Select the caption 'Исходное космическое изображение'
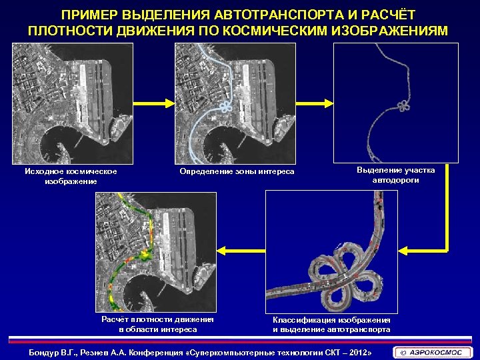pos(71,176)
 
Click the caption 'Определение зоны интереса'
pos(236,172)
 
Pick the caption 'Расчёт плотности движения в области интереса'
pos(157,324)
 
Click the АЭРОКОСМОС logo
pos(433,352)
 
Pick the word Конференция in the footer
pos(153,351)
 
